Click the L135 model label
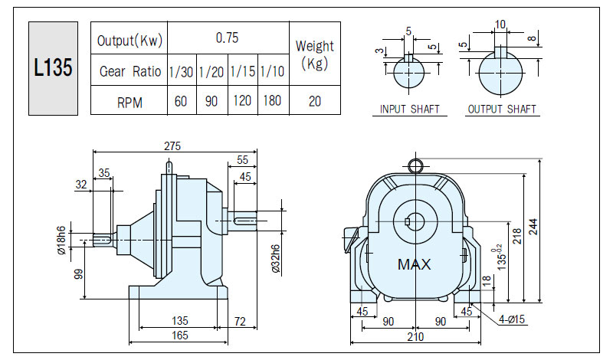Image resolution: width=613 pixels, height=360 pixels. click(x=53, y=67)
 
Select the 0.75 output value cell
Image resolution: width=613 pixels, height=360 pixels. click(x=227, y=38)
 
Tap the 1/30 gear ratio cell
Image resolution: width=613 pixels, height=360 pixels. click(x=181, y=71)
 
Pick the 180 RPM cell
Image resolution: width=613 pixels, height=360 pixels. click(x=272, y=101)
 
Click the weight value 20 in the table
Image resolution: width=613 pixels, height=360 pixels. click(x=315, y=101)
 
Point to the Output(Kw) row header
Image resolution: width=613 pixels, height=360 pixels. click(x=129, y=41)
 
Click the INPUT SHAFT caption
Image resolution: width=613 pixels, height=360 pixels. click(x=410, y=109)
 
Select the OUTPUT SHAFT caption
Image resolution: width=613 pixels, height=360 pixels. click(x=502, y=109)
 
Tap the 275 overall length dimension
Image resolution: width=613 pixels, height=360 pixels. click(x=172, y=146)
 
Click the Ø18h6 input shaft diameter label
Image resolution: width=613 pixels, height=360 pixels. click(x=61, y=241)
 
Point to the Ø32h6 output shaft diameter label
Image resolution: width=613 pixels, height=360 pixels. click(x=275, y=259)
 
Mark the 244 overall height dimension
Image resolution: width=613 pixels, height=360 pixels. click(x=533, y=227)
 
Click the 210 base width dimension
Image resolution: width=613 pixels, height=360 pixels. click(x=415, y=336)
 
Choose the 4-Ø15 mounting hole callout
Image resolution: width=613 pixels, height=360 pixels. click(x=512, y=319)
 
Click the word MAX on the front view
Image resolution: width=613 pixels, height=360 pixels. click(x=414, y=264)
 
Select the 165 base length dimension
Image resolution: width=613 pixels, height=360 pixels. click(x=180, y=335)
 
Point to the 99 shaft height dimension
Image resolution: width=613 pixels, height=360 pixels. click(x=79, y=274)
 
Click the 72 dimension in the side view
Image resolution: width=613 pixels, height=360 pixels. click(x=240, y=321)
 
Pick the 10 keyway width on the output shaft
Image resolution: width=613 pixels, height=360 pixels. click(x=500, y=25)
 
